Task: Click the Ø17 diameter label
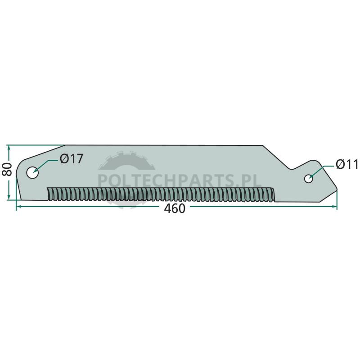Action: point(71,159)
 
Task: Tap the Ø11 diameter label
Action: point(347,164)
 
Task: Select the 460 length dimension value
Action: point(175,208)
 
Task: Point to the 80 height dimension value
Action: point(7,169)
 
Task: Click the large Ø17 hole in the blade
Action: point(32,173)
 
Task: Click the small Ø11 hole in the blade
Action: point(308,179)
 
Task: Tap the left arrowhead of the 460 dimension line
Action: point(19,207)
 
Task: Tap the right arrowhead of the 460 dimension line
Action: point(334,207)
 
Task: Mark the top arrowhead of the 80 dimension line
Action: point(9,148)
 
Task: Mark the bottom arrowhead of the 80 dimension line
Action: point(9,197)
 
